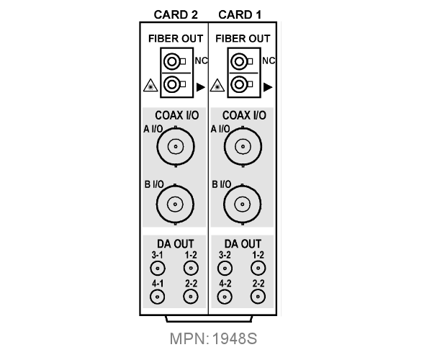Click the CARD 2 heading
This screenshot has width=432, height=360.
coord(176,15)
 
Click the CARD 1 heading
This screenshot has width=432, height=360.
coord(240,15)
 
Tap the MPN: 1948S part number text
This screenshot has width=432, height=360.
coord(213,338)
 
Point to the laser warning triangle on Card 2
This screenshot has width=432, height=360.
coord(150,86)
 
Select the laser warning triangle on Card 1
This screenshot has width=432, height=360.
coord(217,86)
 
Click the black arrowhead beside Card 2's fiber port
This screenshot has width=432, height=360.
coord(201,87)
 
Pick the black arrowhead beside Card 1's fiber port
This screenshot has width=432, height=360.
coord(268,87)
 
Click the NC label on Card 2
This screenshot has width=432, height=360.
coord(202,60)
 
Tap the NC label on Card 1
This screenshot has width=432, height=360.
coord(269,60)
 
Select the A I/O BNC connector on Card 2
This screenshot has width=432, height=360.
coord(176,146)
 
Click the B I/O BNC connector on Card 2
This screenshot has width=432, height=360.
coord(175,204)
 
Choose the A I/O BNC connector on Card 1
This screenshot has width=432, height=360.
coord(243,146)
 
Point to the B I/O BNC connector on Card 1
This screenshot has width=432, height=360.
coord(243,204)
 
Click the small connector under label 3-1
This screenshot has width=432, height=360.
coord(158,268)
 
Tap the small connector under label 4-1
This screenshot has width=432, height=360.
coord(157,297)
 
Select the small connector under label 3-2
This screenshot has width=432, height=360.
coord(225,268)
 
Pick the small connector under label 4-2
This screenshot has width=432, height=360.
coord(225,297)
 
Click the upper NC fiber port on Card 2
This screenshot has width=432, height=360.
coord(174,61)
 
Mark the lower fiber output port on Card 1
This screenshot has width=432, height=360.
coord(242,84)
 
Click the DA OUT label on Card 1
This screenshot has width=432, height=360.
coord(243,244)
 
